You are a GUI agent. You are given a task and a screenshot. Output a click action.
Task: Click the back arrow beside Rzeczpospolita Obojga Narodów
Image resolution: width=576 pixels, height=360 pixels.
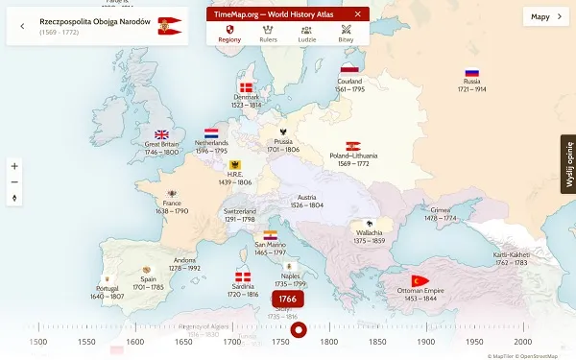(22, 26)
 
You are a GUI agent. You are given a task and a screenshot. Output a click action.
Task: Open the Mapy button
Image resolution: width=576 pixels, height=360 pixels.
(545, 16)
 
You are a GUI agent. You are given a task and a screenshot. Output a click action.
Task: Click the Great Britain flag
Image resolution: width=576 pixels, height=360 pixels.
(161, 135)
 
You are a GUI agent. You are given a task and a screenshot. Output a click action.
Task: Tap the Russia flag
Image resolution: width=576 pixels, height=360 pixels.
(471, 73)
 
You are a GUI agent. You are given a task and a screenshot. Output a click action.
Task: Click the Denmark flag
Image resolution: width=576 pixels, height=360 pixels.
(247, 88)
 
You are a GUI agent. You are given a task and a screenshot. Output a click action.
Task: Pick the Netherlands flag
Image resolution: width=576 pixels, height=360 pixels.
(211, 133)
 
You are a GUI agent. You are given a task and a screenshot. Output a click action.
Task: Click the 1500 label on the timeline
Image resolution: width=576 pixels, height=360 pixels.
(38, 342)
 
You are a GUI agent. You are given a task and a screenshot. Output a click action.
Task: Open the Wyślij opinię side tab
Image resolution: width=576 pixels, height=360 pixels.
(567, 164)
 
